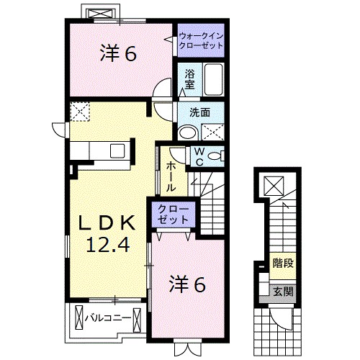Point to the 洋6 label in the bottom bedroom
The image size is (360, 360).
click(187, 284)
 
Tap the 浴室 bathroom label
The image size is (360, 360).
click(189, 78)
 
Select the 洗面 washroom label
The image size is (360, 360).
click(199, 112)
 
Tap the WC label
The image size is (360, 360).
click(198, 156)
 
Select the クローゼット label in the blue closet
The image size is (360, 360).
click(174, 214)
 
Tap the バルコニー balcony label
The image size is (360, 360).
click(108, 316)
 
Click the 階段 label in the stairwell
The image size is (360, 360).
click(282, 264)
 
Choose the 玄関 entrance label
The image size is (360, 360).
click(282, 291)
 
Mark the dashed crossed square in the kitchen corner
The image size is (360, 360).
click(80, 111)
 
